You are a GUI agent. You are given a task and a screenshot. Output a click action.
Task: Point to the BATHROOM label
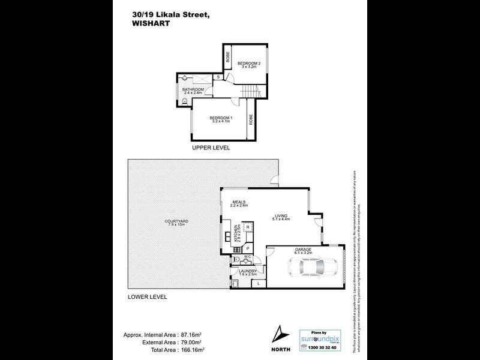pos(193,91)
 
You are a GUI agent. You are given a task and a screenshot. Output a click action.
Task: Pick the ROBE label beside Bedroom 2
pos(228,58)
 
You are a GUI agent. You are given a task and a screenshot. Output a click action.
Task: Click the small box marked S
pos(218,77)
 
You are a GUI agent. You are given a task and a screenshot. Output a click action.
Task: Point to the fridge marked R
pos(248,229)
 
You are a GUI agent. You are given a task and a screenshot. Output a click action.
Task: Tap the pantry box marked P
pos(248,248)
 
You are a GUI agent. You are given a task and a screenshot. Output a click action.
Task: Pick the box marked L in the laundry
pos(258,283)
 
